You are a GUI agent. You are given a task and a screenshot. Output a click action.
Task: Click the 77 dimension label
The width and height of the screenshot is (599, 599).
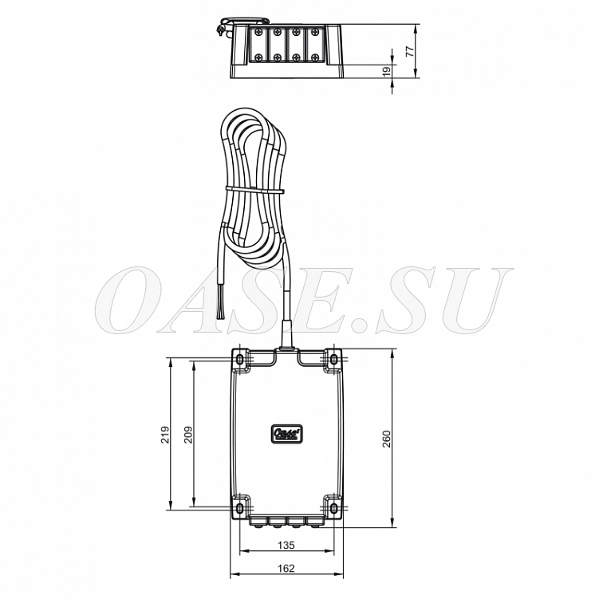(x=409, y=51)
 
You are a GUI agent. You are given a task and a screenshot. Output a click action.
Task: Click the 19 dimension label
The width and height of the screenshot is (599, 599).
(x=387, y=72)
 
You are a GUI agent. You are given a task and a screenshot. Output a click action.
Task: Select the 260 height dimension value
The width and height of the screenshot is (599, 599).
(x=387, y=439)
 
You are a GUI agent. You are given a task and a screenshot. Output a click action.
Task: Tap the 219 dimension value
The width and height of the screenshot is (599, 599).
(x=164, y=435)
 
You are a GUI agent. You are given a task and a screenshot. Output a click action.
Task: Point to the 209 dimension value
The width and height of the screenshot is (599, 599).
(x=188, y=435)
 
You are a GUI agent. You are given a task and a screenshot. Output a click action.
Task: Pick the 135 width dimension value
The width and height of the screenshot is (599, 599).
(x=286, y=545)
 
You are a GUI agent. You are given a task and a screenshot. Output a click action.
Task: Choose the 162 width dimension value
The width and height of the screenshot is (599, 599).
(x=286, y=569)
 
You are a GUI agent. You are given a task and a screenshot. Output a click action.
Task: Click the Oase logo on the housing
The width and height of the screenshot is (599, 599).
(x=286, y=434)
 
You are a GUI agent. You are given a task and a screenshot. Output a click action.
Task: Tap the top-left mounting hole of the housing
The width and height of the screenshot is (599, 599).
(x=239, y=359)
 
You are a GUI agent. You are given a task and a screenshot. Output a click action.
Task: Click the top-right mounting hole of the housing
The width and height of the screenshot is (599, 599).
(x=333, y=359)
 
